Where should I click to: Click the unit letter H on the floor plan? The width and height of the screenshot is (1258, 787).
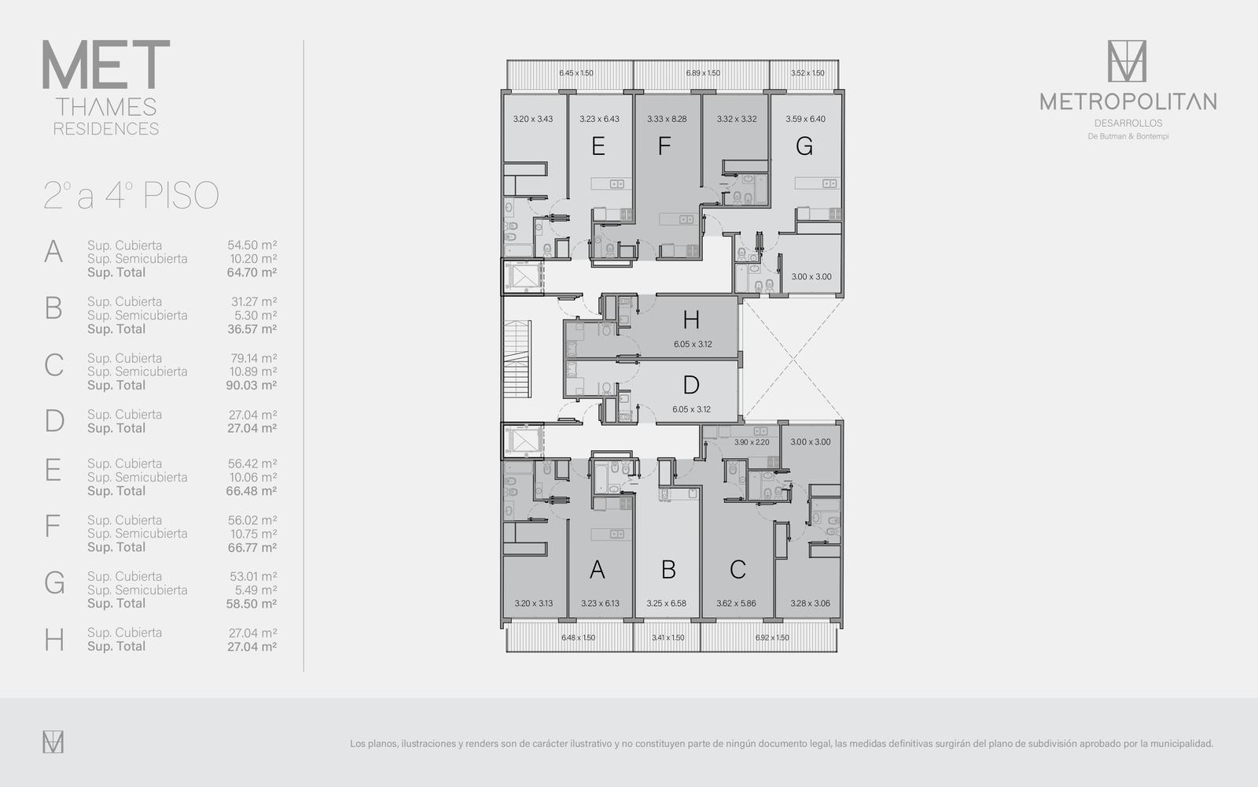coord(691,320)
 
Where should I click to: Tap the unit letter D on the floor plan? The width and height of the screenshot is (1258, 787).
coord(691,385)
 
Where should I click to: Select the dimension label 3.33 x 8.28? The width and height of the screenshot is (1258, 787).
coord(667,119)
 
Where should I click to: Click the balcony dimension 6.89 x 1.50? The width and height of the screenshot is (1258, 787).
coord(703,73)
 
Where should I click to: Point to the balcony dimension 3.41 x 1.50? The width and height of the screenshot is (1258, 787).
coord(668,637)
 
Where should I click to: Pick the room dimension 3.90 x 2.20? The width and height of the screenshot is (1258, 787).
coord(752,442)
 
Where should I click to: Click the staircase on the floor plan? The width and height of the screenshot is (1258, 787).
coord(517,359)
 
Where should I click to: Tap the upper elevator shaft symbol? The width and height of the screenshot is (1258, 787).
coord(524,277)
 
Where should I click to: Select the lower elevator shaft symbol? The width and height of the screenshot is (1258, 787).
coord(524,441)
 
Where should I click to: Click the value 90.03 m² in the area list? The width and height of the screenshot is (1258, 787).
coord(251,386)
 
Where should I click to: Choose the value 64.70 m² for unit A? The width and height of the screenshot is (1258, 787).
coord(252,272)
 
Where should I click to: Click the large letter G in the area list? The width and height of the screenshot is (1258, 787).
coord(54,583)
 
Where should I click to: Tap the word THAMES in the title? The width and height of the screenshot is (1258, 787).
coord(106,107)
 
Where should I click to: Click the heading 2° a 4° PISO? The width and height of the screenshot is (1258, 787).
coord(131,196)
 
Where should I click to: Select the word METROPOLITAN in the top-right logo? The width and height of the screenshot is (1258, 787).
coord(1128,102)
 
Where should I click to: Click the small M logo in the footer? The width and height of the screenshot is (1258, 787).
coord(53,742)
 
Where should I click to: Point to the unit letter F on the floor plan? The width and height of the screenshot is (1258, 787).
coord(664,146)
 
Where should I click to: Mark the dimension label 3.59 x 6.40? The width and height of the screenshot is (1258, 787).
coord(805,119)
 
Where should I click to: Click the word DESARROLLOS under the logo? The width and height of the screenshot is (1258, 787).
coord(1128,123)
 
